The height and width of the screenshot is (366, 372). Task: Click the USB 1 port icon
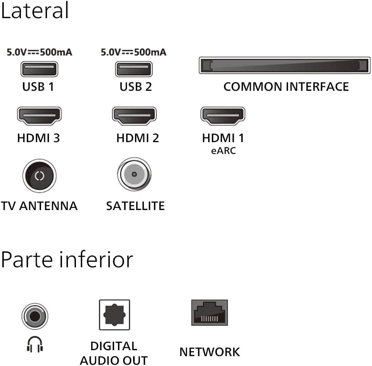[38, 69]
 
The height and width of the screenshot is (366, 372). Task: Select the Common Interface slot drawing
[284, 66]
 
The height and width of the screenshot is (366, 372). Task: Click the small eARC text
[224, 151]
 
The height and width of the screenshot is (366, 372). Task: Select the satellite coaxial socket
[134, 174]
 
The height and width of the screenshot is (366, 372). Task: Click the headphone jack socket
[35, 316]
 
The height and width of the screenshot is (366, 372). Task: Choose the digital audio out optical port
[114, 315]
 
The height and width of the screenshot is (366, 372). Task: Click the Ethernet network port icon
[209, 312]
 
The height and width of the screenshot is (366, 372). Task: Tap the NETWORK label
[209, 352]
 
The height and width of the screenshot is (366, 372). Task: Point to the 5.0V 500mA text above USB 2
[133, 52]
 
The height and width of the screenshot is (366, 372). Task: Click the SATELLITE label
[135, 206]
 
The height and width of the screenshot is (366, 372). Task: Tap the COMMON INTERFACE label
[286, 87]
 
